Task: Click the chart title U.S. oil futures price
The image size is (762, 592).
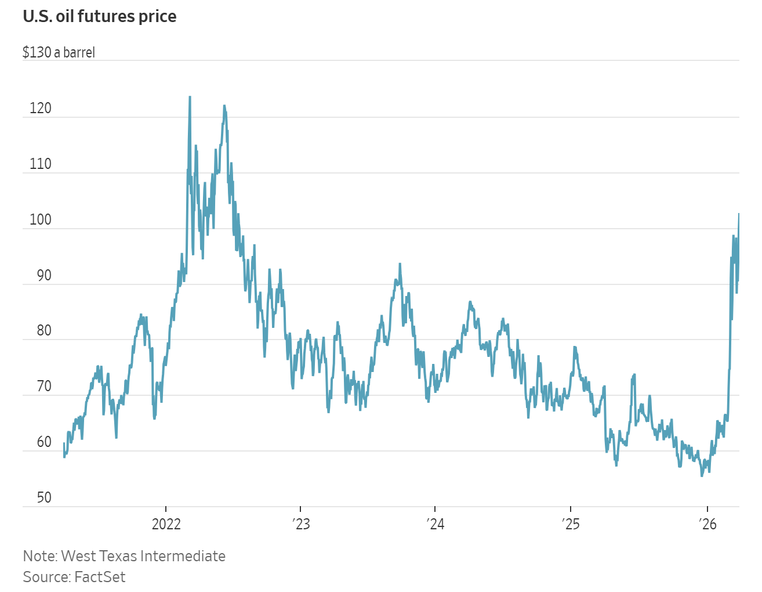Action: (99, 16)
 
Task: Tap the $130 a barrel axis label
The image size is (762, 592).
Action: (59, 52)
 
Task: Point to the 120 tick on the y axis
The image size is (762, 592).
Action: (41, 108)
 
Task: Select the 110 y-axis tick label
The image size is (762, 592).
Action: (41, 164)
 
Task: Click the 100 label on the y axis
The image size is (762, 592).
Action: (41, 219)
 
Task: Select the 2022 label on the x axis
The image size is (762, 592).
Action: (166, 524)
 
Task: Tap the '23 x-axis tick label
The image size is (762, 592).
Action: (302, 524)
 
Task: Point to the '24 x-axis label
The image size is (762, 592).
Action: (436, 524)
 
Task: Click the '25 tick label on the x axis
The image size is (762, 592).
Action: (571, 524)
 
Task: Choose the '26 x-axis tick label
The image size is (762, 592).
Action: (708, 524)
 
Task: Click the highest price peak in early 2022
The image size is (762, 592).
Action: (190, 97)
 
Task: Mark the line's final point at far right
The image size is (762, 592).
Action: (739, 214)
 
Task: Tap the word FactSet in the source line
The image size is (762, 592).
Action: (99, 577)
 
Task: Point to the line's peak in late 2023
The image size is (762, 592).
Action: (400, 264)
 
